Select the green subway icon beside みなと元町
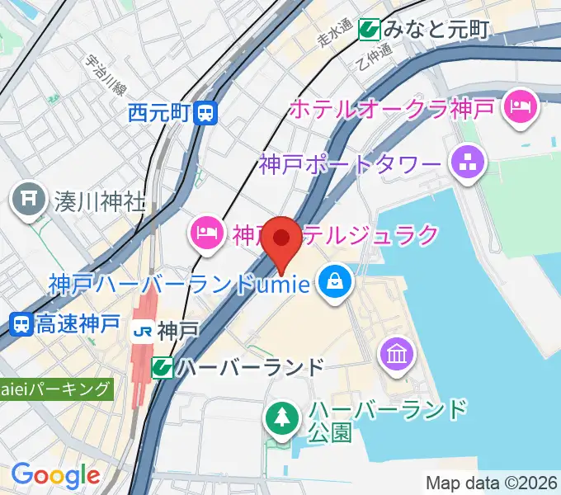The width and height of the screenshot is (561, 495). click(x=369, y=31)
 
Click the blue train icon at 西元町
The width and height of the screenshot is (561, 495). click(x=207, y=112)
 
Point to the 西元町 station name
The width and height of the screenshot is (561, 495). click(x=160, y=112)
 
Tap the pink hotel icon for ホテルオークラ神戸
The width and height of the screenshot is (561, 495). click(x=521, y=106)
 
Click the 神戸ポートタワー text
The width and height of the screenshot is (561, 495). click(x=350, y=163)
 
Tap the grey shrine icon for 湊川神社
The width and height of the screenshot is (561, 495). click(x=29, y=200)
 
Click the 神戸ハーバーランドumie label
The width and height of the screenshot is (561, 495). click(x=178, y=285)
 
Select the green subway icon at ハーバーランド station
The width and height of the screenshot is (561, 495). click(x=163, y=367)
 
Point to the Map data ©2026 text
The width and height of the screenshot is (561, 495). click(x=493, y=483)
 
